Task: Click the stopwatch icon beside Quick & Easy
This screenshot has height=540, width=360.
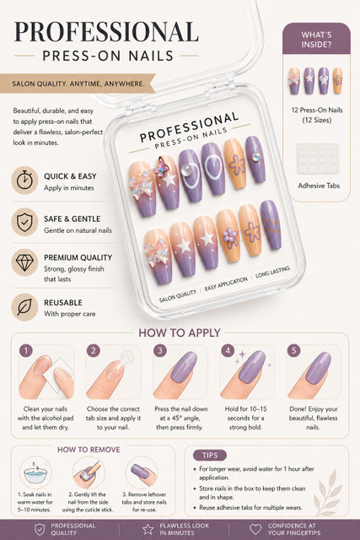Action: [24, 180]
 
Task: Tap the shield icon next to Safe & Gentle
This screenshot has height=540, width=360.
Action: [24, 222]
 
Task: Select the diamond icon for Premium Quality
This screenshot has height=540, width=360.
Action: [24, 262]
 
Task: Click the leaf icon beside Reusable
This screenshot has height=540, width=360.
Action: [24, 307]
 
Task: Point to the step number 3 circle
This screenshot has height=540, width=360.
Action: [160, 351]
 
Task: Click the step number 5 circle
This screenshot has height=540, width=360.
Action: [293, 351]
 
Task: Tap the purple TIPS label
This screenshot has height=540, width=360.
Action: [210, 456]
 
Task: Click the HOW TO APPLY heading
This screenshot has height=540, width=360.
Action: [180, 332]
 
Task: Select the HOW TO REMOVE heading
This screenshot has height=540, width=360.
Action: [89, 450]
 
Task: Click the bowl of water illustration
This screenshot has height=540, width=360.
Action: [35, 474]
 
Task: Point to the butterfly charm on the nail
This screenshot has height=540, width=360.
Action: [161, 168]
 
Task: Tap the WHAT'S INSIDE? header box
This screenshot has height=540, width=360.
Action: [316, 39]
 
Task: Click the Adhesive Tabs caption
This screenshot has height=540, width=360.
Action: [319, 186]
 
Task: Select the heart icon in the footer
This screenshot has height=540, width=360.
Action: [255, 529]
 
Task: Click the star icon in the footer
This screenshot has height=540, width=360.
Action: [148, 529]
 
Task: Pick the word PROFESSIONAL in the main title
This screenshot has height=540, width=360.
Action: [106, 32]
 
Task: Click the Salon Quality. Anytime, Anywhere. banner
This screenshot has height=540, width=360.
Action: [78, 84]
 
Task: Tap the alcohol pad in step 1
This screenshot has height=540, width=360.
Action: [62, 374]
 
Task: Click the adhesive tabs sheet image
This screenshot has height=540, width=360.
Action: [318, 159]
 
